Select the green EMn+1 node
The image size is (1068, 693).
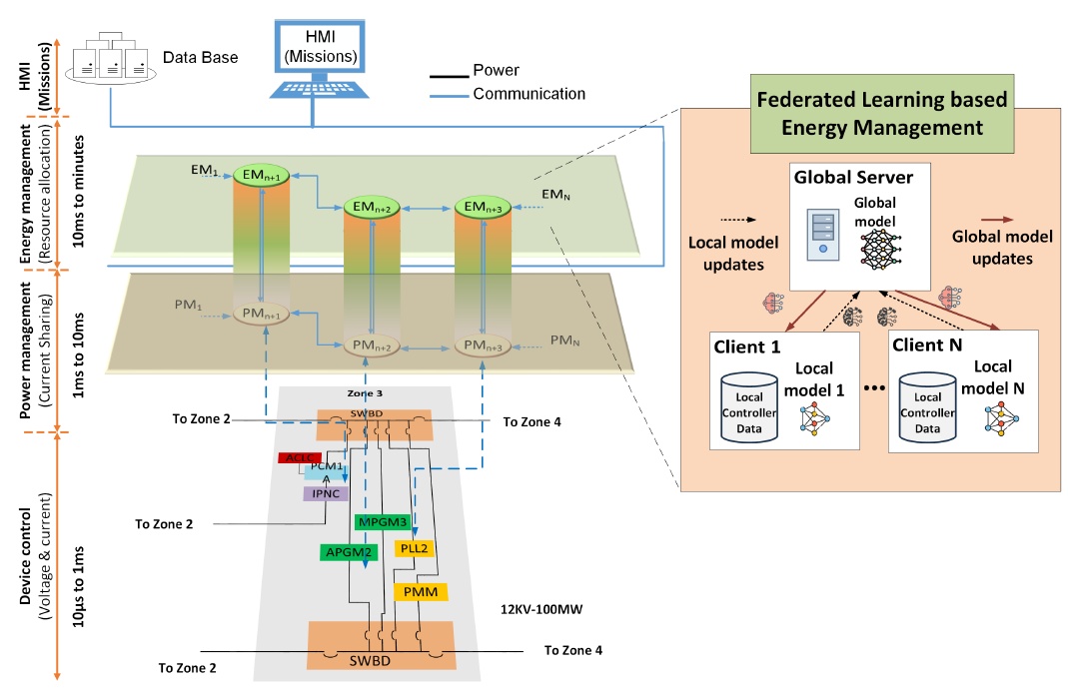click(x=261, y=177)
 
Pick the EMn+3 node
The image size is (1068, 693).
click(x=483, y=208)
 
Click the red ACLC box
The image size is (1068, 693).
click(x=298, y=457)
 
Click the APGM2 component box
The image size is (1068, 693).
click(x=347, y=551)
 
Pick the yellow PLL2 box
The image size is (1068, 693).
click(x=415, y=548)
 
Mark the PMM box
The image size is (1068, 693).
click(x=421, y=592)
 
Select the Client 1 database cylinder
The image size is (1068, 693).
click(x=749, y=406)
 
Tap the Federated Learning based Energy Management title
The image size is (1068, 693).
click(x=882, y=113)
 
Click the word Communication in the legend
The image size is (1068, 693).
click(x=529, y=95)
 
